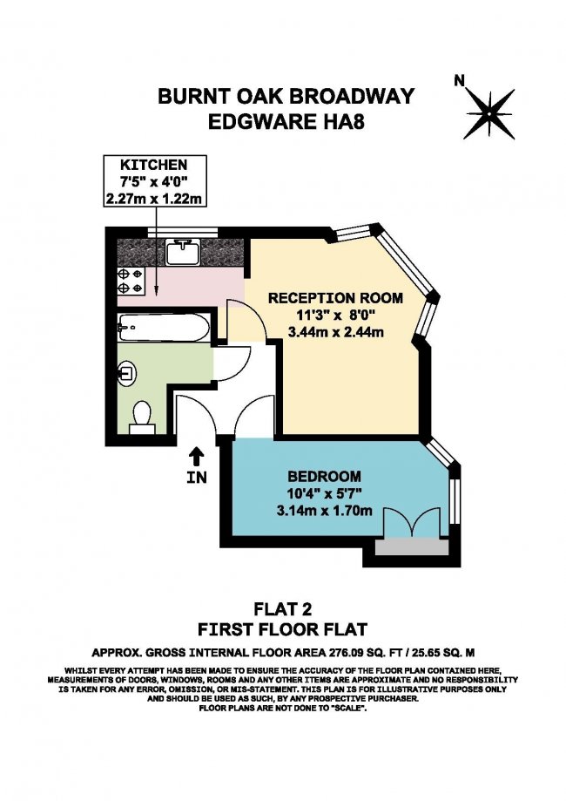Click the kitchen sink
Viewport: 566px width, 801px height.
point(183,252)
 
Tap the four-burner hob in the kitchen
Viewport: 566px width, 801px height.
point(131,281)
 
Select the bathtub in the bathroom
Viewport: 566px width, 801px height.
point(164,328)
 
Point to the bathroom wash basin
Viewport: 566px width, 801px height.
point(126,373)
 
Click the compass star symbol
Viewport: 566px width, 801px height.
point(489,114)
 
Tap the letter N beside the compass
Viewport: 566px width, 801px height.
point(460,81)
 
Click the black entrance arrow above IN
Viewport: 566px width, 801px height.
point(197,456)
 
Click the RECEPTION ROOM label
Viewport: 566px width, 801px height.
point(335,298)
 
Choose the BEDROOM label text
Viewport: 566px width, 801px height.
point(324,477)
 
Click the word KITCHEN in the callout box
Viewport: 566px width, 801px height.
point(154,165)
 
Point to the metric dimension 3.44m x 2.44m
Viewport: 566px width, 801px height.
point(336,332)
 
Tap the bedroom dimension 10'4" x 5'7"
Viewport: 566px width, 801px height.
point(324,493)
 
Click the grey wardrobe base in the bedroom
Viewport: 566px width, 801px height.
point(412,547)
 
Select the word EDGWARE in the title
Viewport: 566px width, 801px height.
point(261,122)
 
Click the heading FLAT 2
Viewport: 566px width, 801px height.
point(283,609)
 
